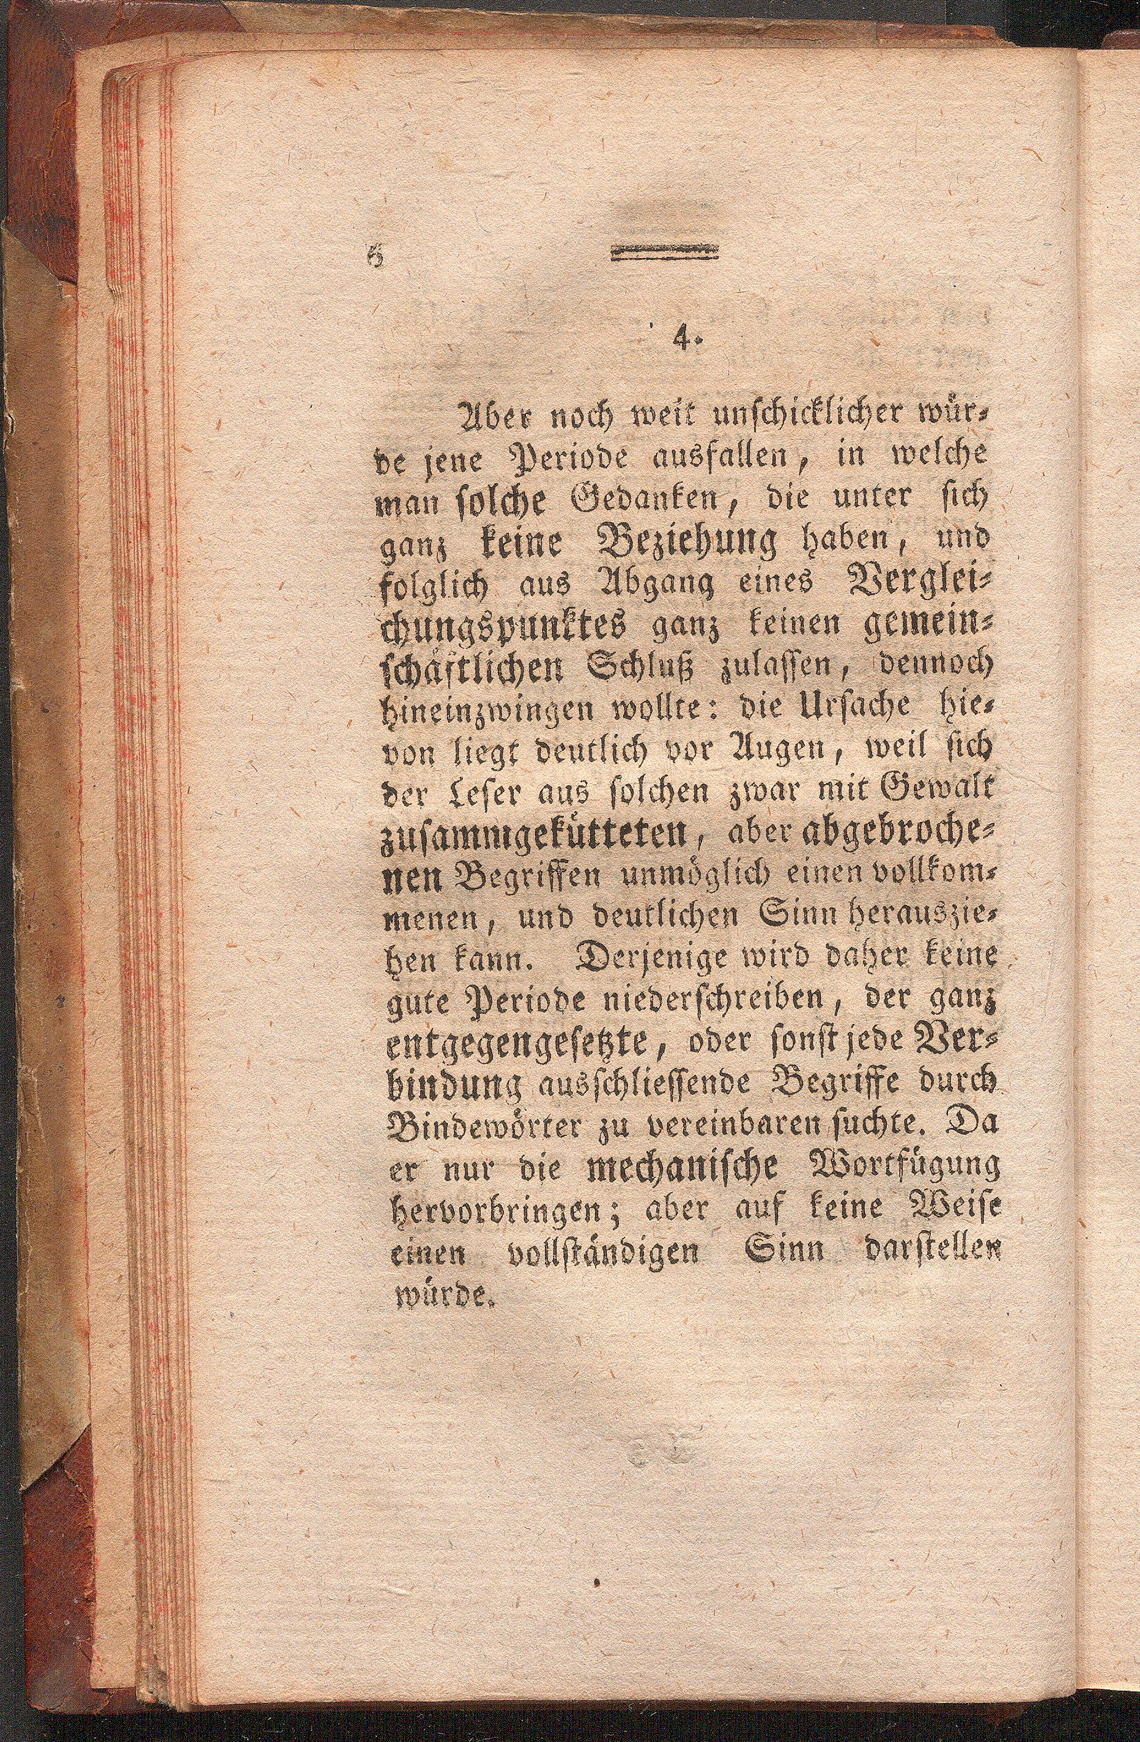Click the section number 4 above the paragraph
pyautogui.click(x=684, y=341)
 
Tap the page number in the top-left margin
pyautogui.click(x=377, y=256)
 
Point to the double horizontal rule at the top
pyautogui.click(x=664, y=253)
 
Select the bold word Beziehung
pyautogui.click(x=690, y=545)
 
